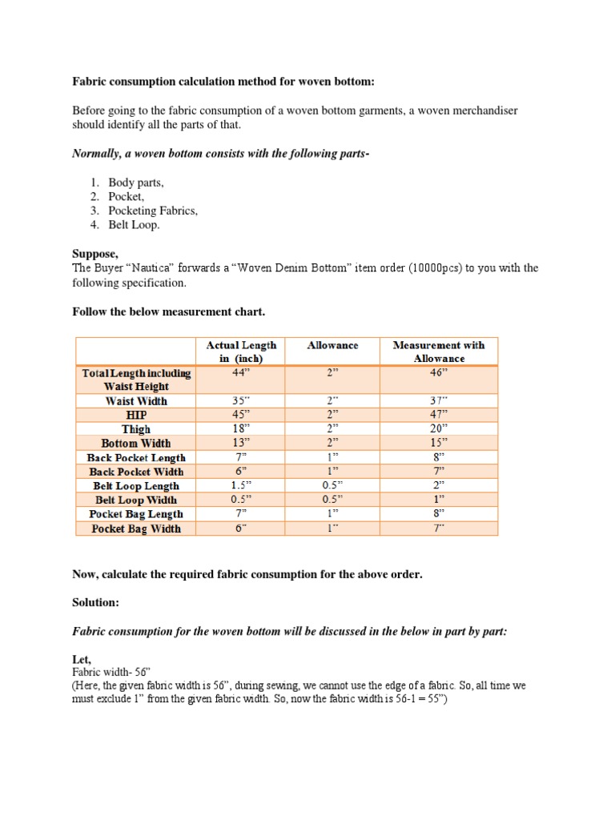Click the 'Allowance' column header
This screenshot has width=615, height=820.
(x=332, y=345)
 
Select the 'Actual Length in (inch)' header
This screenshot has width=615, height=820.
(x=241, y=352)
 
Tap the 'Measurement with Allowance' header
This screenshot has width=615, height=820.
(x=438, y=352)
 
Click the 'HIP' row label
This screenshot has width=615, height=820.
(x=136, y=415)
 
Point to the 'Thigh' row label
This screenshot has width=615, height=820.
(x=136, y=429)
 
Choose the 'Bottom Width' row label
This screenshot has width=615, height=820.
(x=136, y=443)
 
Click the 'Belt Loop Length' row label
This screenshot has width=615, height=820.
(x=136, y=486)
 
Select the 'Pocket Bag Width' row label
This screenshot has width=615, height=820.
(x=136, y=529)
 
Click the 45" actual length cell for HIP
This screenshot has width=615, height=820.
(x=241, y=415)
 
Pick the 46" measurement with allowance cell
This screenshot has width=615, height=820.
(x=438, y=372)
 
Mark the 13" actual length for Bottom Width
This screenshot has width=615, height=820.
(x=241, y=443)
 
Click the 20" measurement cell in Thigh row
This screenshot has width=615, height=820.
(x=438, y=429)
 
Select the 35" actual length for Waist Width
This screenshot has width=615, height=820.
(x=241, y=400)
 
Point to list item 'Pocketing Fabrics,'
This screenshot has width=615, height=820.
(x=153, y=211)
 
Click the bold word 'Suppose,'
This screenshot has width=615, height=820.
(x=95, y=254)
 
